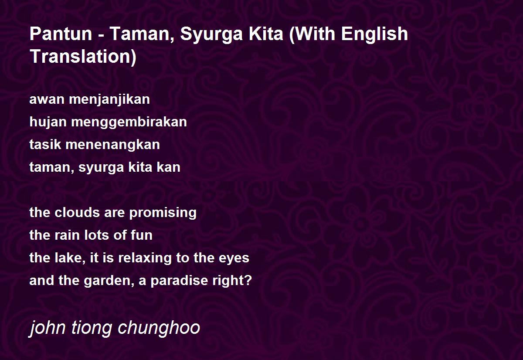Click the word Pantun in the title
(x=61, y=34)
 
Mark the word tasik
(x=45, y=145)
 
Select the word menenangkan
(x=112, y=145)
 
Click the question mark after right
(x=248, y=280)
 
